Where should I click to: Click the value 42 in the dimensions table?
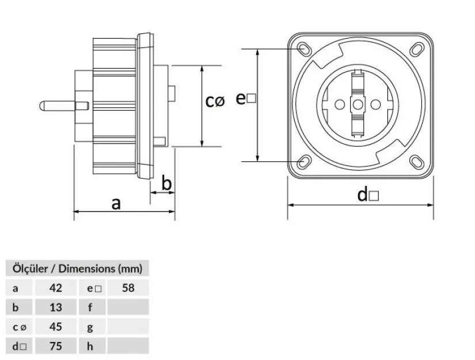click(x=56, y=287)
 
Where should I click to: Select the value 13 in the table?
click(x=56, y=306)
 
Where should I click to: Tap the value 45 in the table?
click(x=56, y=327)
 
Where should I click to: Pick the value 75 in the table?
click(x=56, y=346)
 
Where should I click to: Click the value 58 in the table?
click(x=128, y=287)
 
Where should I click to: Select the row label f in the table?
click(x=90, y=306)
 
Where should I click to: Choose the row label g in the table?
click(x=90, y=327)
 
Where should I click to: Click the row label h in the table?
click(x=90, y=346)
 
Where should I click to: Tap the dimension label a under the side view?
click(x=116, y=203)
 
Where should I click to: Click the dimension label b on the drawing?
click(x=166, y=183)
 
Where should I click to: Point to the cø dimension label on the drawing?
click(x=215, y=101)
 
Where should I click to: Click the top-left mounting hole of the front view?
click(x=303, y=49)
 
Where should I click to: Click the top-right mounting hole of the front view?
click(x=416, y=49)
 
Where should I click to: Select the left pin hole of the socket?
click(x=340, y=104)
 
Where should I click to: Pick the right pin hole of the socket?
click(x=377, y=104)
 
